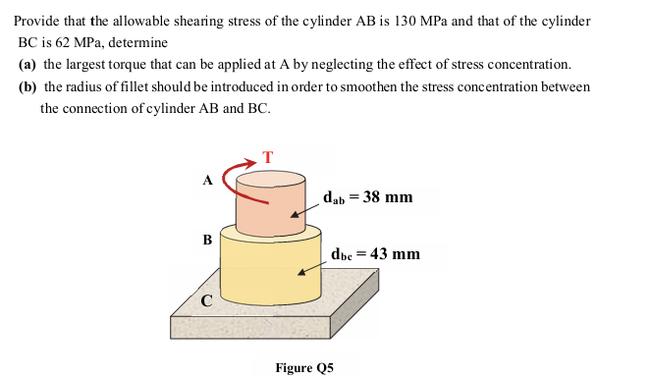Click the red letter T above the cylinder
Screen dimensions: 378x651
pyautogui.click(x=267, y=156)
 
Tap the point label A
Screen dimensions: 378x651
pyautogui.click(x=207, y=181)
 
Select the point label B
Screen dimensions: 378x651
pyautogui.click(x=206, y=240)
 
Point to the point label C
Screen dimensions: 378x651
pyautogui.click(x=207, y=301)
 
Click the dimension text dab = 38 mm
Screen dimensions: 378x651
pyautogui.click(x=367, y=197)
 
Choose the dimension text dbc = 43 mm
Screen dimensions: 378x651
pyautogui.click(x=375, y=254)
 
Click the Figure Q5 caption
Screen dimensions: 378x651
pyautogui.click(x=304, y=367)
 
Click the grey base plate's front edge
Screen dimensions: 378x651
pyautogui.click(x=255, y=338)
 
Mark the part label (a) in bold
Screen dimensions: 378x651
pyautogui.click(x=28, y=65)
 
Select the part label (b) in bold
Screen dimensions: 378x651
pyautogui.click(x=29, y=86)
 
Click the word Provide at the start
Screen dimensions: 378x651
pyautogui.click(x=38, y=22)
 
